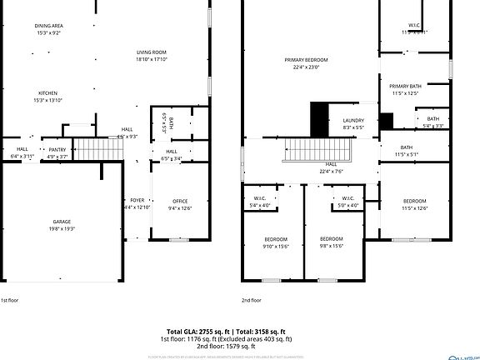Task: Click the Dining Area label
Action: click(x=49, y=26)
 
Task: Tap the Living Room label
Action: click(x=152, y=52)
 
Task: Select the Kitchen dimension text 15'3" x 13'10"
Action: click(x=49, y=100)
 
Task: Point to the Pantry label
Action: click(x=57, y=149)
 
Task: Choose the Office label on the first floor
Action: click(x=180, y=201)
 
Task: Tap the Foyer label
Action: click(x=137, y=201)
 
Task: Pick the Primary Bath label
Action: click(x=405, y=87)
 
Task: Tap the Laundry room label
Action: click(x=353, y=121)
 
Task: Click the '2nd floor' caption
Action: click(x=252, y=299)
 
